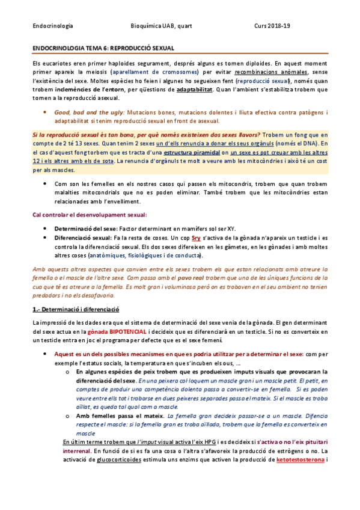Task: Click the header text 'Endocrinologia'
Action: [53, 26]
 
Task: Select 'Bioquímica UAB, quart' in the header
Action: [161, 26]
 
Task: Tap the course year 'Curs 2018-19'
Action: [272, 26]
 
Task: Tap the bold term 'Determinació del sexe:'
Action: [82, 229]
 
